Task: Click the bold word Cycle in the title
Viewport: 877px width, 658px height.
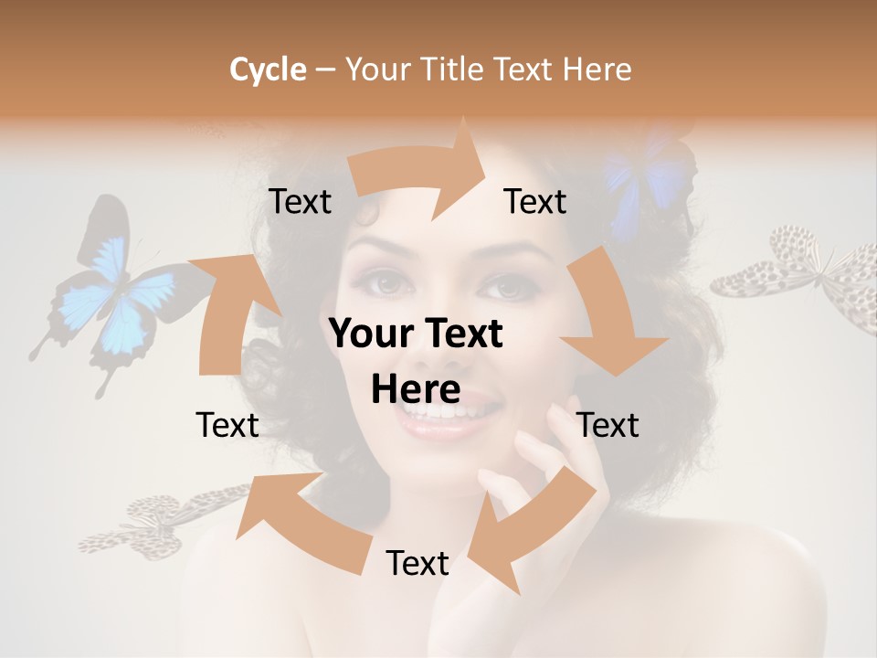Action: point(268,69)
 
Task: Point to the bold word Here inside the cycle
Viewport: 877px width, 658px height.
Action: point(415,390)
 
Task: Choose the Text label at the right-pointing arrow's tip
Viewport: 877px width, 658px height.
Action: point(534,202)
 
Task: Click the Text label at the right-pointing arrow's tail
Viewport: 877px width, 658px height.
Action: point(300,202)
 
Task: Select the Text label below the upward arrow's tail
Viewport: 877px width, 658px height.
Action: point(227,425)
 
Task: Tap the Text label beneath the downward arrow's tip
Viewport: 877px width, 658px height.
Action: point(608,425)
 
